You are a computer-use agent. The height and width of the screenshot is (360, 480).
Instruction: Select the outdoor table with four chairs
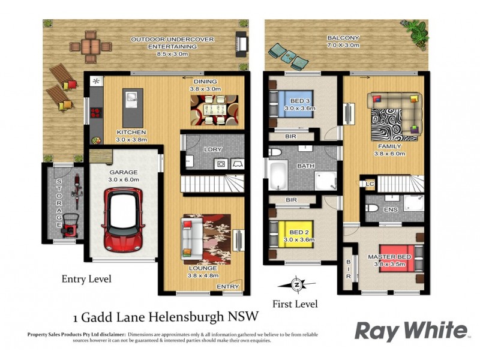pos(91,45)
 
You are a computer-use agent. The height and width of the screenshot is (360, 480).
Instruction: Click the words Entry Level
pos(86,279)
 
